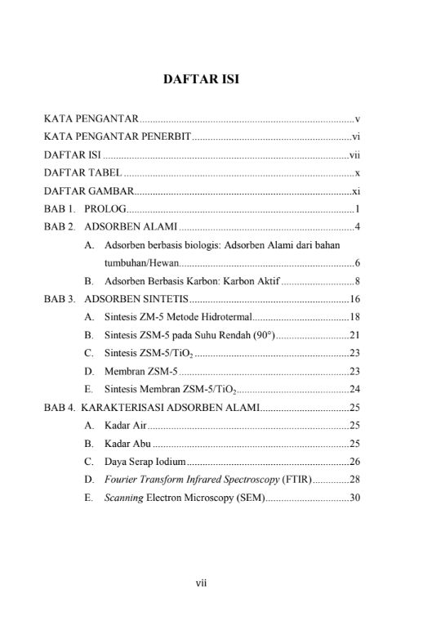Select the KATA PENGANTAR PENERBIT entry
click(117, 136)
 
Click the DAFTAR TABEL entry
click(82, 173)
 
